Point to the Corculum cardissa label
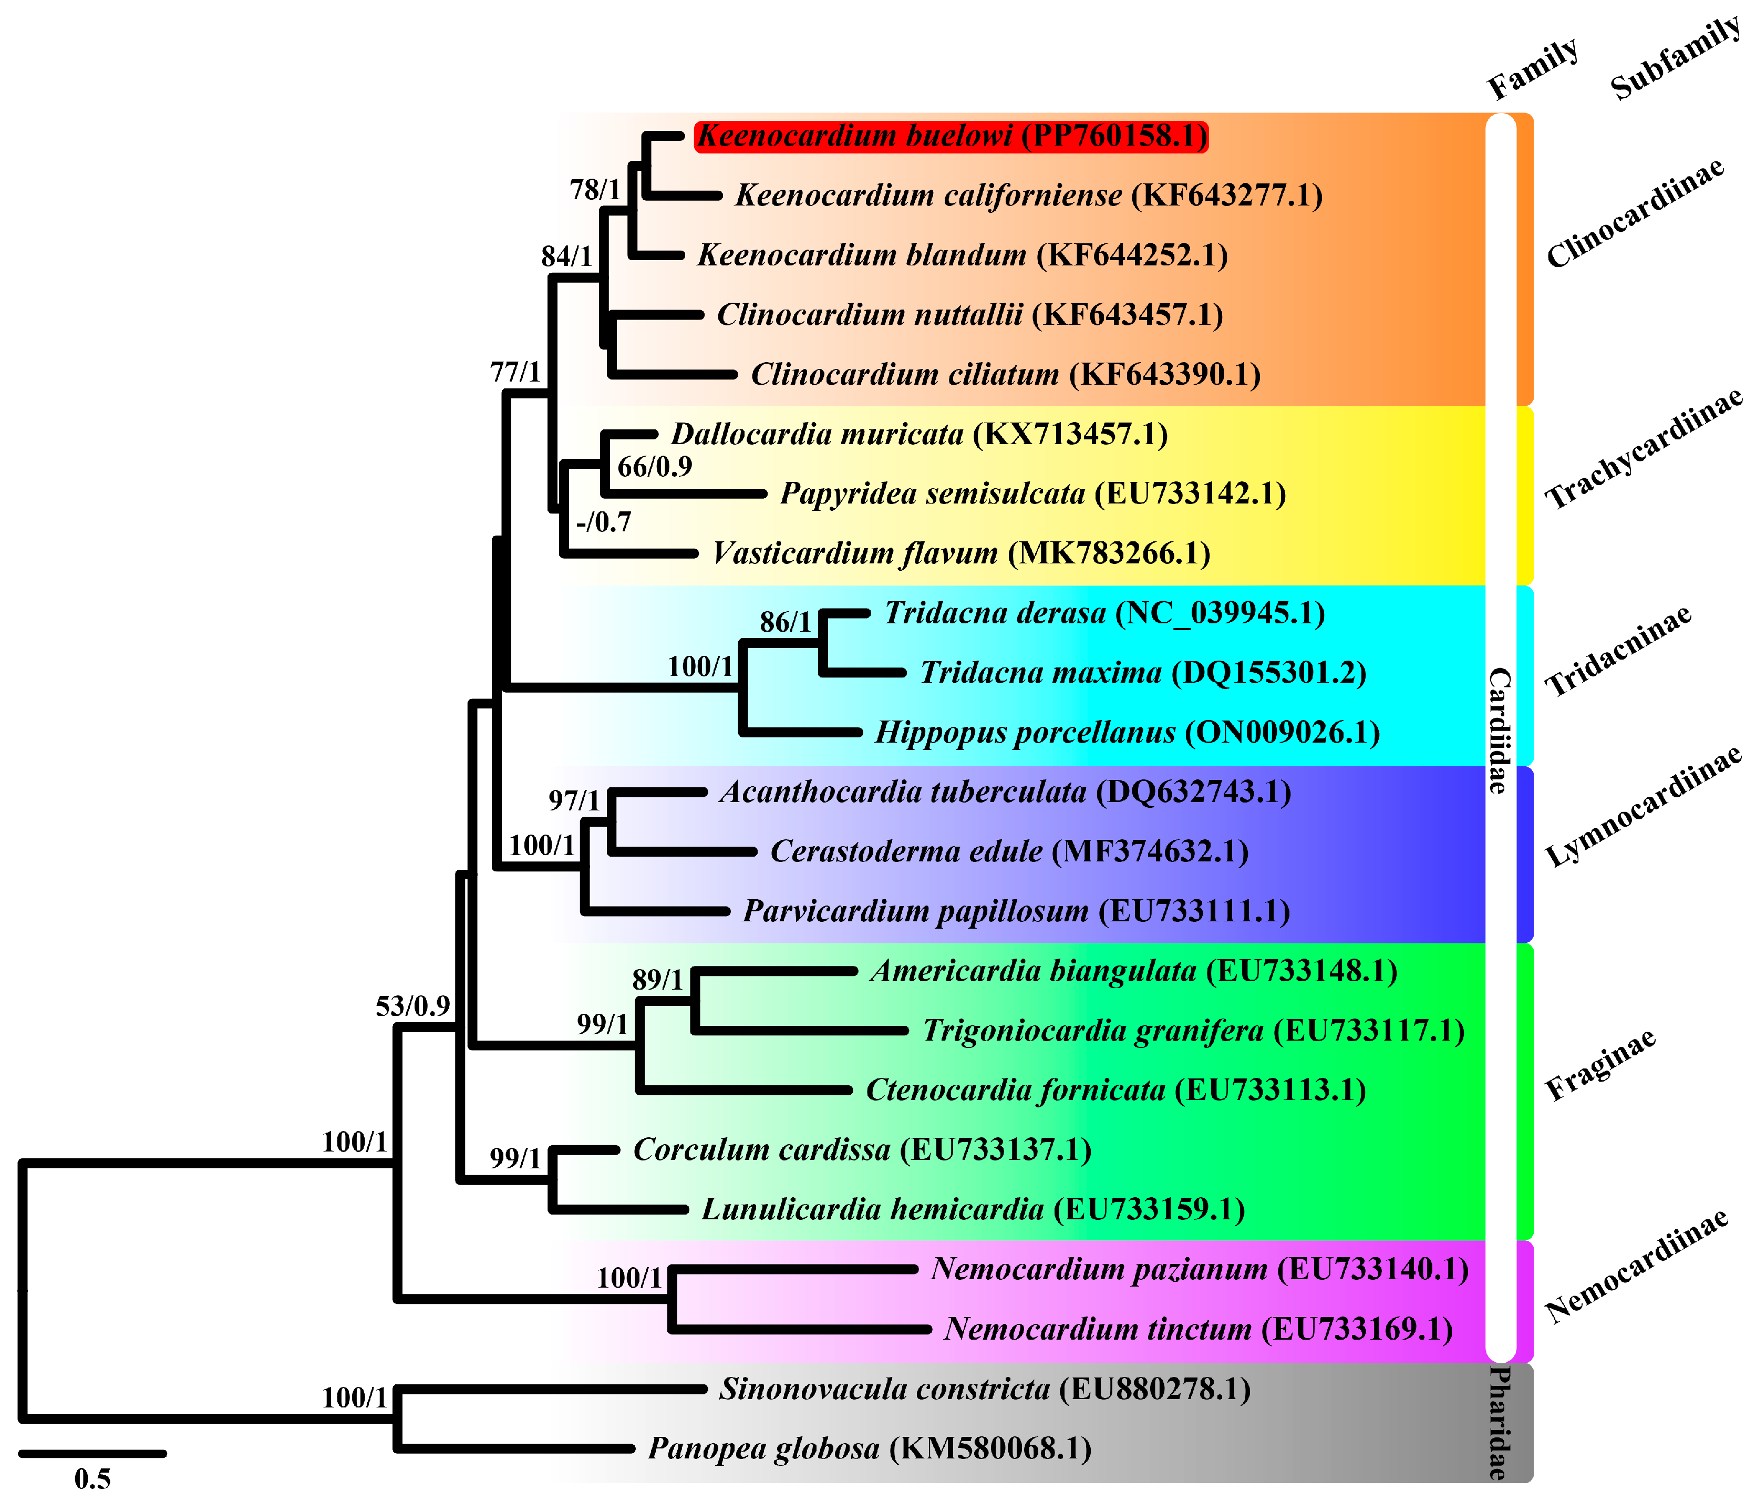pyautogui.click(x=862, y=1150)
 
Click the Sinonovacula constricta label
pyautogui.click(x=985, y=1389)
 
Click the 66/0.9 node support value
pyautogui.click(x=654, y=467)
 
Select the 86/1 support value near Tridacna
pyautogui.click(x=786, y=622)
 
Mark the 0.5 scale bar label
pyautogui.click(x=92, y=1479)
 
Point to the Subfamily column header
pyautogui.click(x=1676, y=58)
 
